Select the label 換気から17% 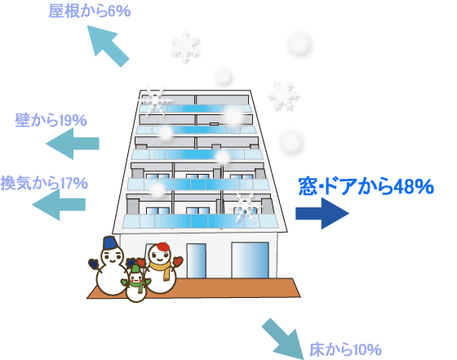[x=44, y=182]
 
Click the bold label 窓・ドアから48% [x=366, y=186]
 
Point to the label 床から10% [x=345, y=350]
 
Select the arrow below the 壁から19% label [x=73, y=145]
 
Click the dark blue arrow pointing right [x=322, y=215]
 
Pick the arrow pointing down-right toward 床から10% [x=282, y=338]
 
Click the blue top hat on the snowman [x=110, y=245]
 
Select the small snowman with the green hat [x=135, y=283]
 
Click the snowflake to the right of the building [x=282, y=96]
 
